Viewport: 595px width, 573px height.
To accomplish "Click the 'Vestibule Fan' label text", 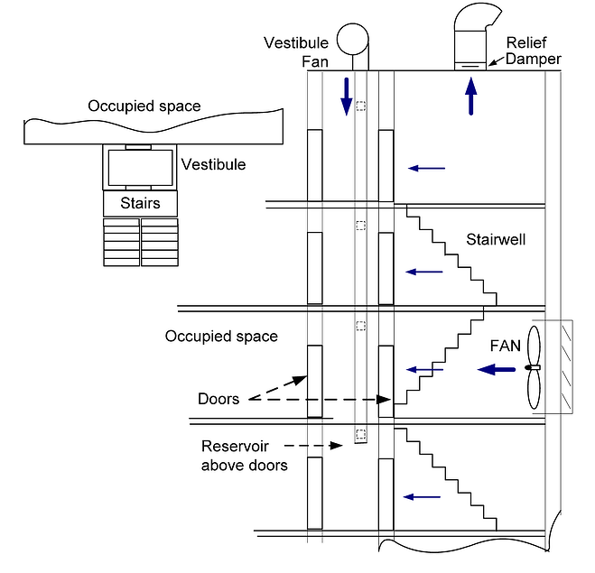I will pos(298,51).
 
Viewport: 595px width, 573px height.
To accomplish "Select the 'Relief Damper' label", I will pos(534,51).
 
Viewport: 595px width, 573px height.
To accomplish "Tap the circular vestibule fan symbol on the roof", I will pos(354,39).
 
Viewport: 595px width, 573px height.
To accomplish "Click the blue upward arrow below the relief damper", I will pos(470,96).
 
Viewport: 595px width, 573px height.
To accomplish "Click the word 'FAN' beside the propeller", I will pos(504,344).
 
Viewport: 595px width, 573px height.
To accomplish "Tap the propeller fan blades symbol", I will pos(534,368).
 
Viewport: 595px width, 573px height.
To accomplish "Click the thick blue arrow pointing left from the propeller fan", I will pos(497,368).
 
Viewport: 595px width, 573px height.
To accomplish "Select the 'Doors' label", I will pos(218,398).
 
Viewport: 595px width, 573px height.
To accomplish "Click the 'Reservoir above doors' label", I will pos(244,456).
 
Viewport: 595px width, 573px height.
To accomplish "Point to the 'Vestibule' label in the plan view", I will pos(213,165).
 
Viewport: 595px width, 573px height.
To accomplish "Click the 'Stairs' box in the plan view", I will pos(140,203).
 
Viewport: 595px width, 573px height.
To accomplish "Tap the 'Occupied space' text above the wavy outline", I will pos(144,106).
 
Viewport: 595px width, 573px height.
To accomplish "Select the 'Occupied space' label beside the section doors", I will pos(221,336).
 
